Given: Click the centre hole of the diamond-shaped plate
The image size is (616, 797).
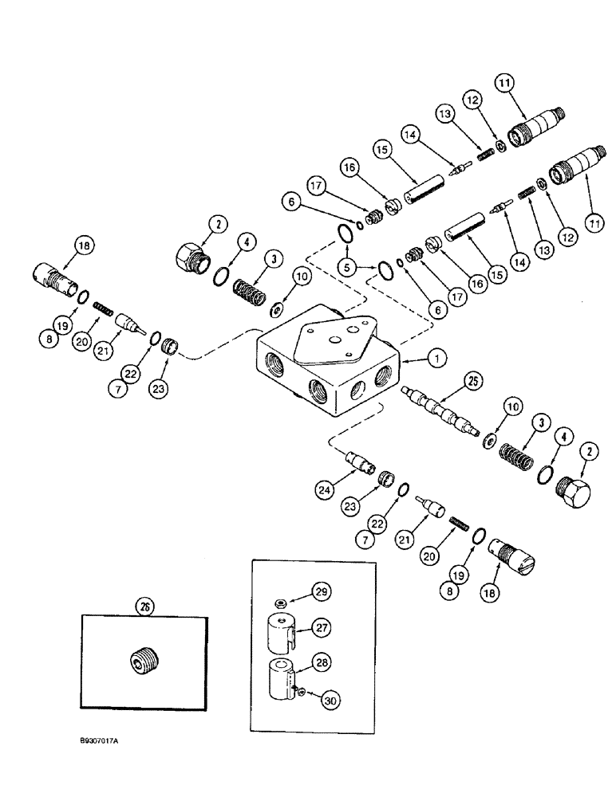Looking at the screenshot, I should [333, 336].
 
